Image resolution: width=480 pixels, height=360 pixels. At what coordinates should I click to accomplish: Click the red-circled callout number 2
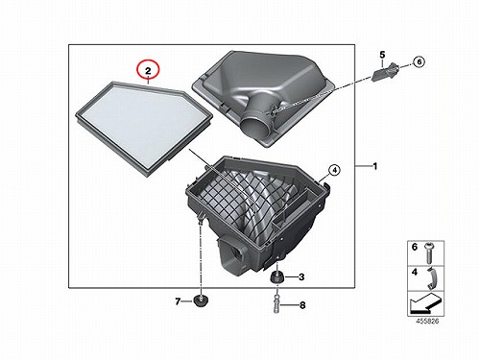tap(148, 71)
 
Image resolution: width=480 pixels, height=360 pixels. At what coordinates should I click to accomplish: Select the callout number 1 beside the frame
tap(375, 166)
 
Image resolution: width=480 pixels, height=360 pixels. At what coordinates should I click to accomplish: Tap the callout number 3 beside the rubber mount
tap(301, 277)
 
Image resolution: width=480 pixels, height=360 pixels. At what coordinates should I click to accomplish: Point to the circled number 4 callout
tap(334, 171)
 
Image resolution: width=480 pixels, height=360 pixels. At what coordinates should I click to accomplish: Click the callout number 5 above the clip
tap(382, 55)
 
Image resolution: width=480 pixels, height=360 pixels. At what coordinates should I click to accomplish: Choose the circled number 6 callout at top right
tap(419, 61)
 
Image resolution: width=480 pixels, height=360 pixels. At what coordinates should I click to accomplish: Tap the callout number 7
tap(178, 301)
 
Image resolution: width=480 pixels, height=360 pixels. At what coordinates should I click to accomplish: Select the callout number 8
tap(302, 305)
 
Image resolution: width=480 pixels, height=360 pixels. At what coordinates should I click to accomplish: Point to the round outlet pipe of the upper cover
tap(255, 125)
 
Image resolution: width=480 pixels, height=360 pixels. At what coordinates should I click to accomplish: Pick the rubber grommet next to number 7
tap(201, 300)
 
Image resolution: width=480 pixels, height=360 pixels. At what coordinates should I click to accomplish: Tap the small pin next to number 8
tap(276, 305)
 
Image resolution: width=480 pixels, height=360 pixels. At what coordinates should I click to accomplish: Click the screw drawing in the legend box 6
tap(428, 253)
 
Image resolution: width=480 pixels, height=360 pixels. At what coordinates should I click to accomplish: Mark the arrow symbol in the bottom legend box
tap(425, 304)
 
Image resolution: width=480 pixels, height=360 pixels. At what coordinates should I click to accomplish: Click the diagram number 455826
tap(427, 321)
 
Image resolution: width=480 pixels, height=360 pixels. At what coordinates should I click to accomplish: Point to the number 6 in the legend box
tap(415, 247)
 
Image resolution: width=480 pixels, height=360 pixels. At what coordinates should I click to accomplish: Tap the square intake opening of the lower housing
tap(239, 252)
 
